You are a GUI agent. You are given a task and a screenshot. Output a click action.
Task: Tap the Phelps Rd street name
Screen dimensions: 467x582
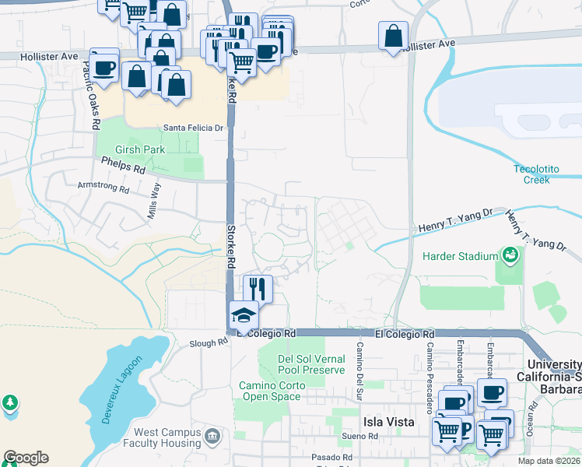tap(123, 166)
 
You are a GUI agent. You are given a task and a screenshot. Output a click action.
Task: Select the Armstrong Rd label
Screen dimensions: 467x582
tap(103, 187)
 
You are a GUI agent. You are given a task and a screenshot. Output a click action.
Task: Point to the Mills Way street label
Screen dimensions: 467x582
tap(155, 201)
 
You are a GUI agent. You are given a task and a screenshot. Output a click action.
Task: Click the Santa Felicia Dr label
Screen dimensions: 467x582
tap(193, 128)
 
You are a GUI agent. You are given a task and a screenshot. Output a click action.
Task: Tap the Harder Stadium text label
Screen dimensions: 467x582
tap(460, 256)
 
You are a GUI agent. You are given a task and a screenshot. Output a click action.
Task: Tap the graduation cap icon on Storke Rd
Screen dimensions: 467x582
tap(243, 316)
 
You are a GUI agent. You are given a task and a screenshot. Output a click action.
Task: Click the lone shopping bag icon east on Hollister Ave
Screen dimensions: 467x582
tap(394, 36)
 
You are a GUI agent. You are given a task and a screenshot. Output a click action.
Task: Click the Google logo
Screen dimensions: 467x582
tap(26, 458)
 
